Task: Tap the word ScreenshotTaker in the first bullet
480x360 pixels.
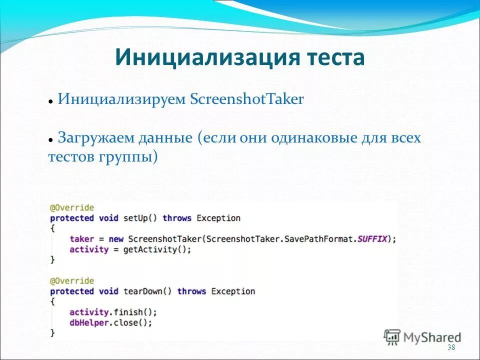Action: click(247, 99)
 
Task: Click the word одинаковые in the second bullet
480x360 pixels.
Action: click(314, 137)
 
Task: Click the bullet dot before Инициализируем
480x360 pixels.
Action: click(51, 101)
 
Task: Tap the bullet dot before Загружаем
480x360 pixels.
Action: click(51, 140)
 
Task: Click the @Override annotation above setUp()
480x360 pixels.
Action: click(71, 207)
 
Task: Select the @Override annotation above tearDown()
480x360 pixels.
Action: click(71, 281)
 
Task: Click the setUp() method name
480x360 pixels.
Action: click(140, 218)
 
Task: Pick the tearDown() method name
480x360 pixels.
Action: click(147, 291)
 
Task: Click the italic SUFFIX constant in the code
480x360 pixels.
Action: click(372, 238)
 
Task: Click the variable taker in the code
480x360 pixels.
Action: click(81, 238)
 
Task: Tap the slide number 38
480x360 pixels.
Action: click(451, 348)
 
